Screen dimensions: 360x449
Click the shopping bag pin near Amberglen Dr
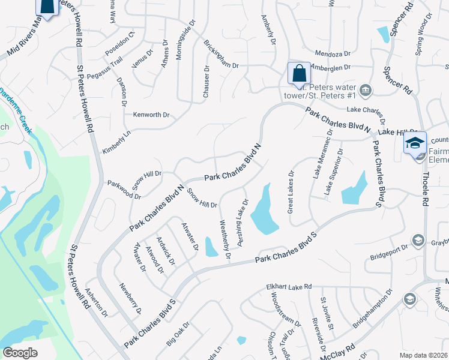click(299, 74)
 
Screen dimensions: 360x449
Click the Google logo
click(20, 353)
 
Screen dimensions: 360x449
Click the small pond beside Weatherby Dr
click(211, 247)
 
